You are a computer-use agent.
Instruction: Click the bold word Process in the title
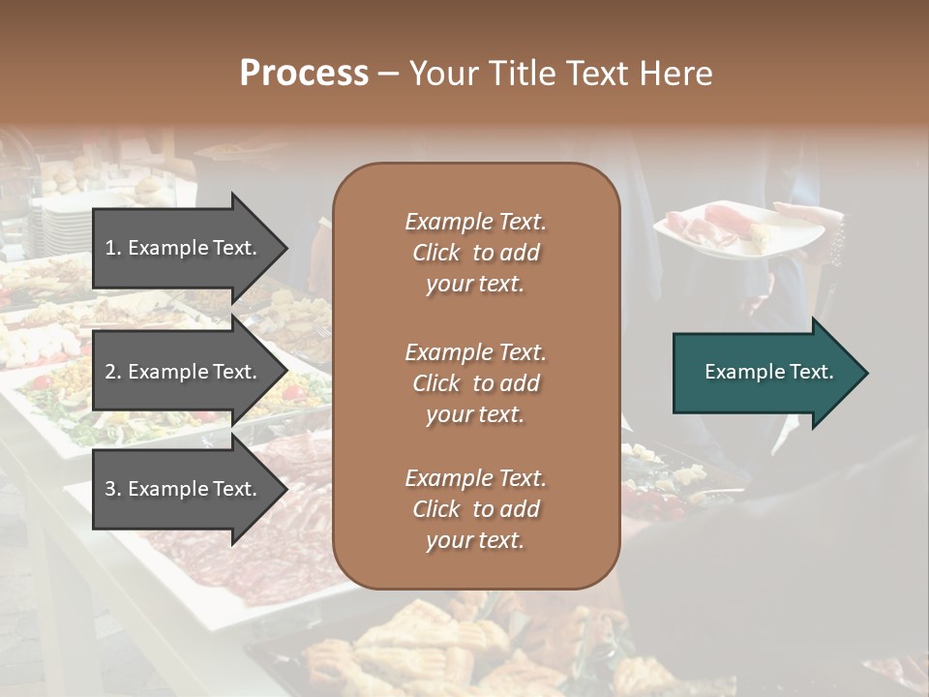(304, 74)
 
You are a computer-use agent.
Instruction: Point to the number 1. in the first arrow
(113, 248)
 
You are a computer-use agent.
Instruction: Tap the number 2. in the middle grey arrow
(113, 372)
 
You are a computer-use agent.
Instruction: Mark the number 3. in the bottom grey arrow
(113, 489)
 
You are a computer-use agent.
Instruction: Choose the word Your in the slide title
(441, 74)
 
